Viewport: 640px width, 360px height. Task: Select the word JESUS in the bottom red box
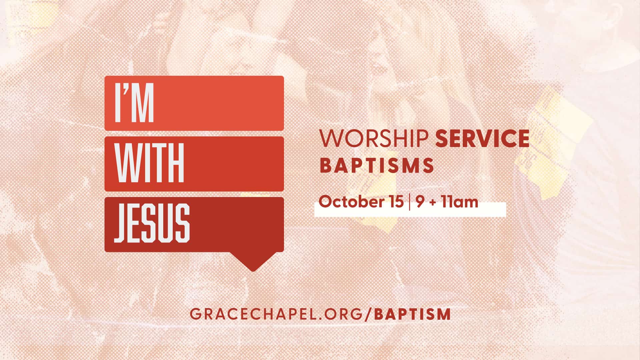click(152, 223)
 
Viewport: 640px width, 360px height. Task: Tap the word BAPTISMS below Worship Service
click(377, 166)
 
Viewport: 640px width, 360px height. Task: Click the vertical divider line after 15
click(409, 202)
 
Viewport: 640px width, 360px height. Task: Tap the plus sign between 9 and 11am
click(433, 203)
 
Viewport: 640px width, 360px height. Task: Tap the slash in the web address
click(368, 314)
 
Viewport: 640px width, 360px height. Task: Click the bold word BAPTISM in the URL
click(413, 314)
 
